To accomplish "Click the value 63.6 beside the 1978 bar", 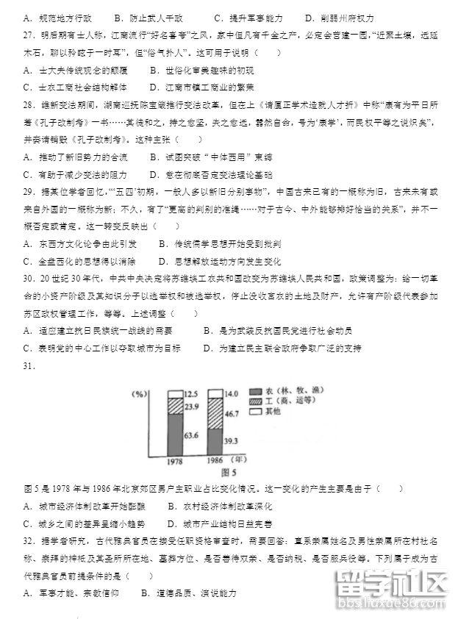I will (x=190, y=436).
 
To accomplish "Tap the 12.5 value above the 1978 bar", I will (x=190, y=395).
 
